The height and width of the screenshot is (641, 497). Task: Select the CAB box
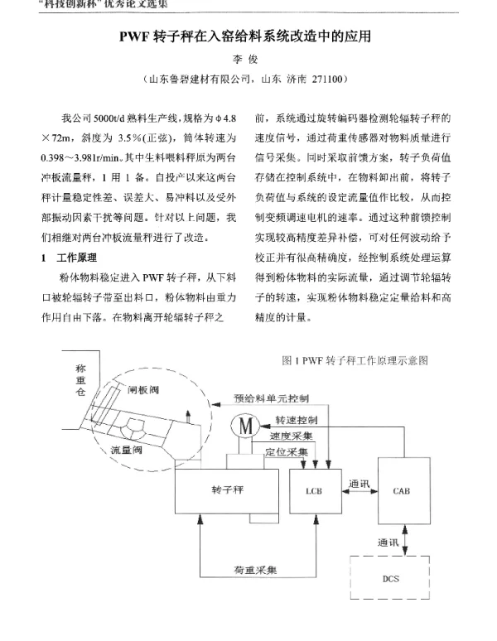[x=401, y=490]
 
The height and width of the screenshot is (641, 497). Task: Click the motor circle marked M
[x=246, y=425]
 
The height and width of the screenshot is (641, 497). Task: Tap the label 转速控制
[x=297, y=420]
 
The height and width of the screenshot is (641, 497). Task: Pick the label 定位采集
[x=286, y=452]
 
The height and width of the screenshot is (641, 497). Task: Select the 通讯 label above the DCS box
[x=388, y=542]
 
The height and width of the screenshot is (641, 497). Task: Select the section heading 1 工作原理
[x=70, y=258]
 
